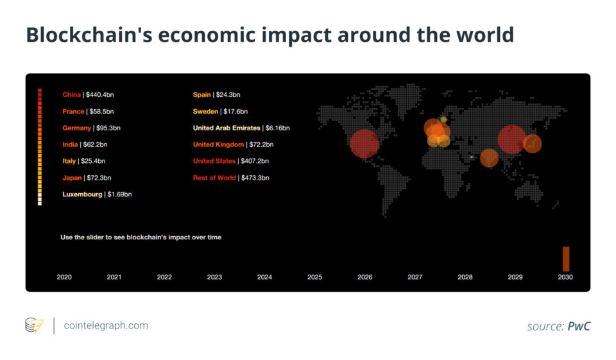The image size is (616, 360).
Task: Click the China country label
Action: coord(71,95)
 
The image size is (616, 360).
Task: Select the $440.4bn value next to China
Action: coord(100,95)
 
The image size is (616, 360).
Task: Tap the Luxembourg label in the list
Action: coord(82,194)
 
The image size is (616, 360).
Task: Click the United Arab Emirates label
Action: coord(227,128)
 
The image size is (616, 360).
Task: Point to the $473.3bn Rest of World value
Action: coord(255,178)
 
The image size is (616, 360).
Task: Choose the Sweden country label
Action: coord(205,112)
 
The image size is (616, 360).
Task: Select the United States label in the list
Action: coord(214,161)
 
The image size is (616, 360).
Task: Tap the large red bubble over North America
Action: coord(364,144)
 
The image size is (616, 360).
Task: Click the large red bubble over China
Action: coord(511,139)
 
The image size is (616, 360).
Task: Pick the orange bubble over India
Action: coord(489,158)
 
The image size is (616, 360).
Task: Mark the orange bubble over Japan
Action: coord(533,144)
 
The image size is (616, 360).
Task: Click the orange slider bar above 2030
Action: coord(566,259)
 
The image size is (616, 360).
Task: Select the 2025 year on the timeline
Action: coord(314,277)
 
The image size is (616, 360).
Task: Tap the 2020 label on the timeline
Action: coord(64,277)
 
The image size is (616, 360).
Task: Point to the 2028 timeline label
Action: coord(465,277)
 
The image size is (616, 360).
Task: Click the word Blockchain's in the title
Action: coord(89,35)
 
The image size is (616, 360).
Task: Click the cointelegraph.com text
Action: coord(106,325)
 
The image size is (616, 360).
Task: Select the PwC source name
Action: coord(579,326)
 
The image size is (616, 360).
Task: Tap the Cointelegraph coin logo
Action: coord(34,325)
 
